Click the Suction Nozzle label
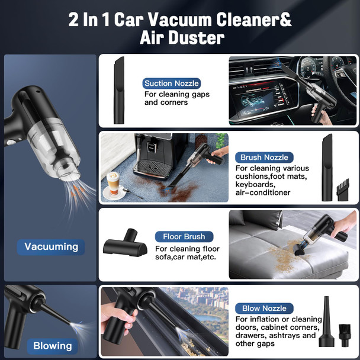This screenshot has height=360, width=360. [171, 83]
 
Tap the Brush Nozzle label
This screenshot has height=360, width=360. [264, 157]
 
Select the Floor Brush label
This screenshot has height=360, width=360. [184, 237]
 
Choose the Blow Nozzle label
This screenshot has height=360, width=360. [264, 308]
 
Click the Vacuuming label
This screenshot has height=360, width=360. [51, 246]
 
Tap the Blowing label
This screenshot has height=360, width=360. [52, 346]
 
